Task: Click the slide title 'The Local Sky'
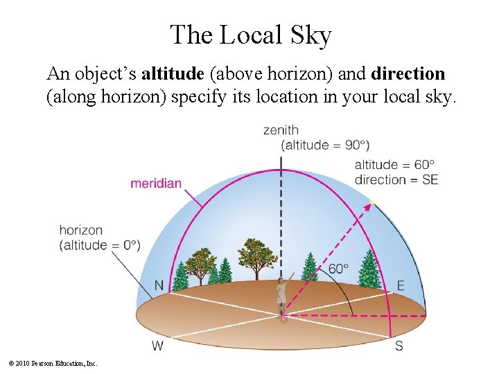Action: coord(250,35)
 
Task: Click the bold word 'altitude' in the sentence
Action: coord(171,73)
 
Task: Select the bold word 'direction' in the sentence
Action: coord(408,73)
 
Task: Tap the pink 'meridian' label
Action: coord(156,184)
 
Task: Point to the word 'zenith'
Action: coord(281,130)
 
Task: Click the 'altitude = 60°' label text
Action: coord(394,165)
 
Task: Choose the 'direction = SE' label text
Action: coord(396,180)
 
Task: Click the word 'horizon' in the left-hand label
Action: coord(81,230)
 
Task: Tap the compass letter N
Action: coord(159,285)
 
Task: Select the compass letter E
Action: coord(401,285)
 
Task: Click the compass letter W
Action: coord(157,345)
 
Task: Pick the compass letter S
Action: coord(399,346)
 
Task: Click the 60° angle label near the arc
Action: coord(338,269)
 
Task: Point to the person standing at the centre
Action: coord(281,294)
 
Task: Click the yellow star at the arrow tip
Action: coord(371,203)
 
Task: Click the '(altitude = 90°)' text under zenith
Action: coord(325,145)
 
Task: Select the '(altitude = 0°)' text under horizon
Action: coord(100,245)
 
